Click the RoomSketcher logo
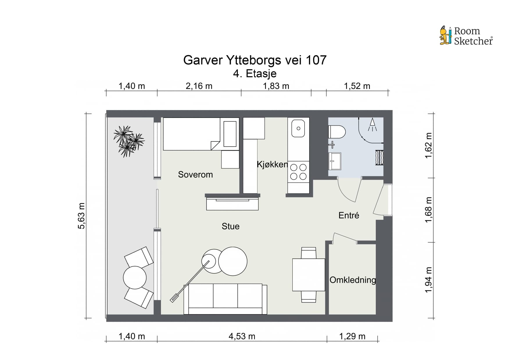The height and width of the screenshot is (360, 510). tap(466, 36)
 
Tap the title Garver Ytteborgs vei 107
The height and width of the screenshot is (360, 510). tap(255, 60)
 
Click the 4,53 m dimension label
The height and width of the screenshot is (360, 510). tap(242, 336)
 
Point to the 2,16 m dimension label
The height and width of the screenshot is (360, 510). tap(199, 86)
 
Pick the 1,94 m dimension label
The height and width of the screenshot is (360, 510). tap(429, 280)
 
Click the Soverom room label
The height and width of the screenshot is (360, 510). tap(195, 174)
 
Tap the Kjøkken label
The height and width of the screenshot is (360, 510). tap(272, 164)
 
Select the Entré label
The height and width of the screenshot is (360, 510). tap(349, 215)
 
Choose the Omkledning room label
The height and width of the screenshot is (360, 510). tap(352, 280)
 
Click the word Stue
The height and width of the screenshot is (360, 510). tap(230, 226)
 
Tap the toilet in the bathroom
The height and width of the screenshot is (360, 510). tap(337, 132)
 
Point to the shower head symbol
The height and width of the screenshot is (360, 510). tap(372, 125)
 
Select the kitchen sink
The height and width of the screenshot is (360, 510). tap(298, 128)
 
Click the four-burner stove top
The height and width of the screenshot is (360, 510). tap(298, 172)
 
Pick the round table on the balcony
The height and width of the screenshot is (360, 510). tap(135, 277)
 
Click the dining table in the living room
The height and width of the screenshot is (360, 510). tap(309, 275)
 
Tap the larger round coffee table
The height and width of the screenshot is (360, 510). tap(233, 261)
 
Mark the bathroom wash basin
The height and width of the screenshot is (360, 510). tap(335, 161)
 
